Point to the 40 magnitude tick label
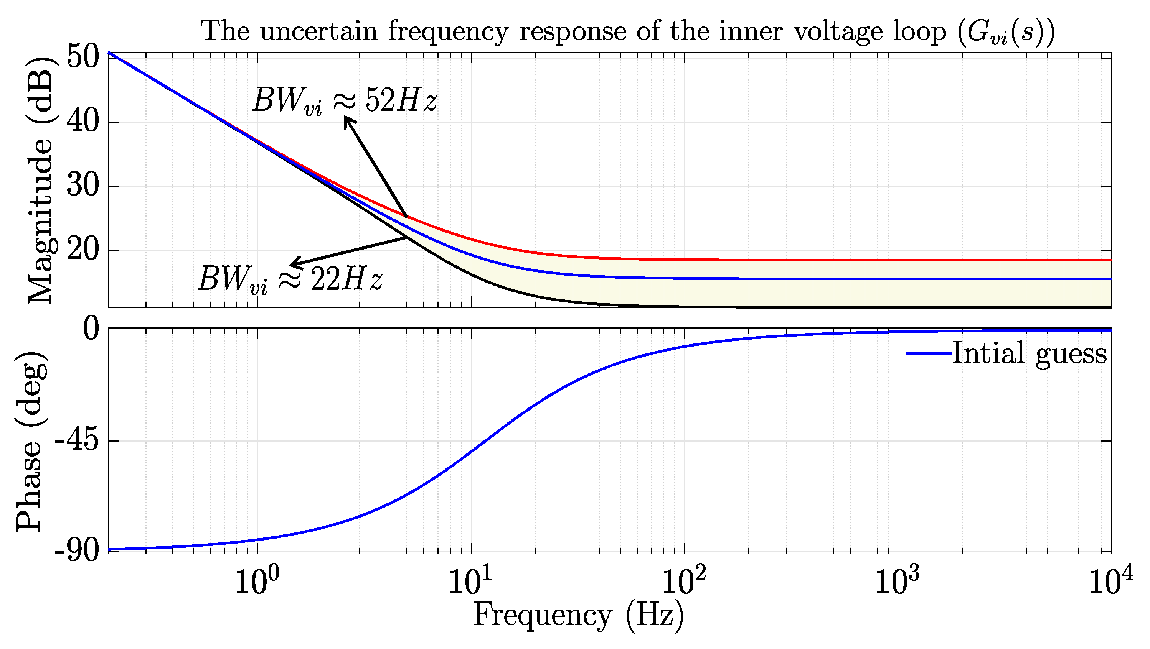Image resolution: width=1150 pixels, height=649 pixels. (x=82, y=122)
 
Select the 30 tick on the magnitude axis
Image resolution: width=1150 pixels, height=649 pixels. (x=82, y=186)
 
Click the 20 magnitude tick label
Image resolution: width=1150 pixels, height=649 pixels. (x=82, y=250)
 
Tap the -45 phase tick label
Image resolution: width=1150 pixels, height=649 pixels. (x=76, y=441)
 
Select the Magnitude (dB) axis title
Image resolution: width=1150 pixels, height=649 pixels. (x=41, y=180)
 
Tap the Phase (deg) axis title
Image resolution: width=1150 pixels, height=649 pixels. (x=31, y=442)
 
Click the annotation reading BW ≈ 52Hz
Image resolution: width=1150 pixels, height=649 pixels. (x=345, y=100)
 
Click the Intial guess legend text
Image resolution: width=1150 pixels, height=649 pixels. (x=1030, y=354)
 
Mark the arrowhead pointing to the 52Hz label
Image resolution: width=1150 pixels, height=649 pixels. (x=348, y=120)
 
